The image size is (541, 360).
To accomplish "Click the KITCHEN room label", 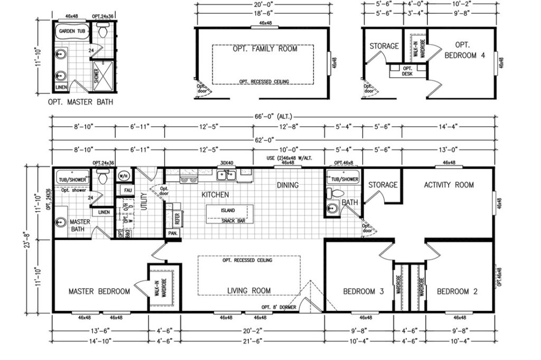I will tap(214, 195).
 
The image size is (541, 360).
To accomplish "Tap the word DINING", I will tap(287, 185).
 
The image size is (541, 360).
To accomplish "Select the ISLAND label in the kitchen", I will tap(228, 210).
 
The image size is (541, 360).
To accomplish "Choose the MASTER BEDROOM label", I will tap(99, 291).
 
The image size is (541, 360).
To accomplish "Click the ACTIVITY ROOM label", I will tap(449, 185).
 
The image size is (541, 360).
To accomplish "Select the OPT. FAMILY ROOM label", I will tap(265, 49).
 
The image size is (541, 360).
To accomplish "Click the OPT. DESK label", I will tap(407, 71).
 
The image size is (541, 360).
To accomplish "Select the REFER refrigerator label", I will tap(177, 219).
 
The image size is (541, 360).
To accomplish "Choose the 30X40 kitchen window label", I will tap(227, 163).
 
